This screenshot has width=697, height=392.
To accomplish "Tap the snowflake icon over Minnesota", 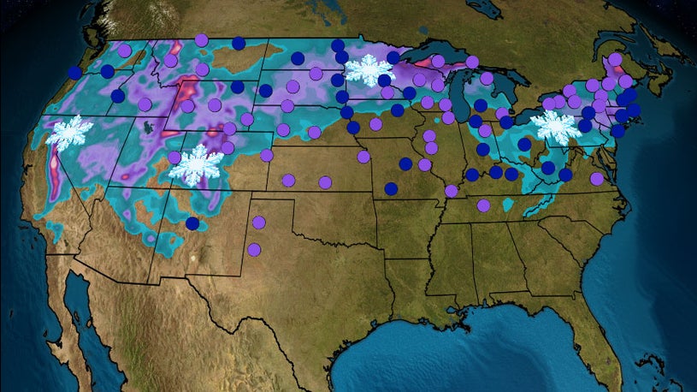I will (369, 69).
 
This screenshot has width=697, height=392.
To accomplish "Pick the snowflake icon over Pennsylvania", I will (556, 127).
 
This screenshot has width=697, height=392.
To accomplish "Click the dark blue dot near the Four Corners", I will (192, 223).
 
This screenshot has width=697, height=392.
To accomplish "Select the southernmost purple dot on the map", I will (254, 249).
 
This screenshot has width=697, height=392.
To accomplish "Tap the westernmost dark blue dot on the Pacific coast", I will (75, 73).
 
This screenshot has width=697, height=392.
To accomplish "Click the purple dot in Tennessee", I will (483, 205).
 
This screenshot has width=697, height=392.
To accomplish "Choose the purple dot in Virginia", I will (596, 179).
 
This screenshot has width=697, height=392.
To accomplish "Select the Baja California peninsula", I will (94, 317).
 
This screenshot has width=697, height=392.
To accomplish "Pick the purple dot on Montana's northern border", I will (201, 39).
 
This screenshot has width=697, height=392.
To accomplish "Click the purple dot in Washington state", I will (125, 50).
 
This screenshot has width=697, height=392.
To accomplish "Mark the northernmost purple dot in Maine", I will (613, 60).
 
